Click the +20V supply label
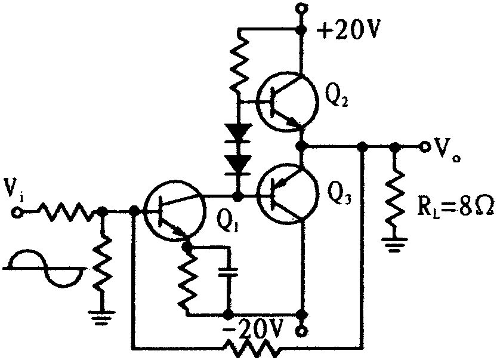348,30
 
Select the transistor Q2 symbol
287,101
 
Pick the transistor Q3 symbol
287,193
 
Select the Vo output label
445,151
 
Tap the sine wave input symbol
44,268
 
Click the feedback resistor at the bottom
252,347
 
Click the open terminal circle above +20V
301,8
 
